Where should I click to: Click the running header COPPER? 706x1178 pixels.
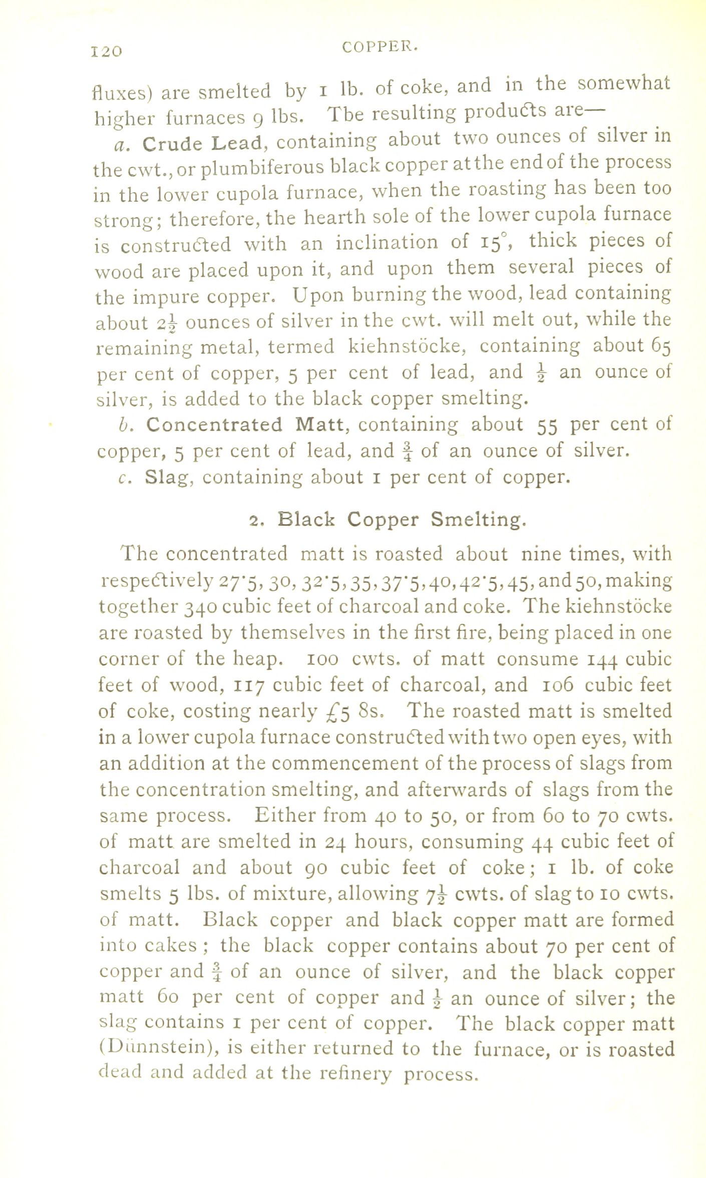(380, 47)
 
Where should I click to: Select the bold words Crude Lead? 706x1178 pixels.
(202, 144)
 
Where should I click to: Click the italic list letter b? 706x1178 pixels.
(125, 425)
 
